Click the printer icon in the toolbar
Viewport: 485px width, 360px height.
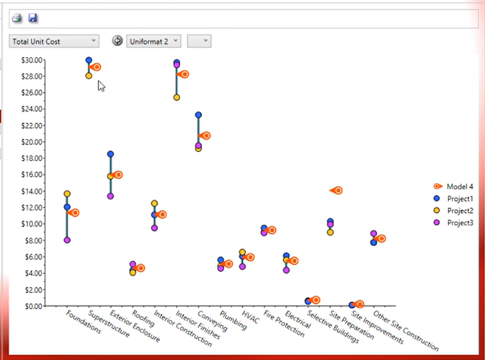(17, 18)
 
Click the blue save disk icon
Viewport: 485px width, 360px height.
(32, 18)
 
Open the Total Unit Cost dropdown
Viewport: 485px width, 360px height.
(54, 41)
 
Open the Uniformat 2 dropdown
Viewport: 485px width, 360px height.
(153, 41)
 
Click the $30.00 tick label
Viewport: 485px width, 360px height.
(32, 60)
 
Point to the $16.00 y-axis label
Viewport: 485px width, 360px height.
(32, 174)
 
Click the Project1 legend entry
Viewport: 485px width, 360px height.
(458, 198)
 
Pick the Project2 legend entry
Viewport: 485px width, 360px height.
(458, 210)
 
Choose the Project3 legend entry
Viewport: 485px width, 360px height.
(458, 222)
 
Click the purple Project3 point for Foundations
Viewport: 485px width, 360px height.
(67, 240)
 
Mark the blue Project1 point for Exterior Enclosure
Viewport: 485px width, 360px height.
(110, 154)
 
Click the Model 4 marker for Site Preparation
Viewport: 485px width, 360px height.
(336, 191)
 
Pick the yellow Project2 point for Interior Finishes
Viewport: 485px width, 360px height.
(177, 97)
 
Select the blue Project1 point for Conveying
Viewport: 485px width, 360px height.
(198, 115)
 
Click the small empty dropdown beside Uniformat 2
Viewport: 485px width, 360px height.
(198, 41)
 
